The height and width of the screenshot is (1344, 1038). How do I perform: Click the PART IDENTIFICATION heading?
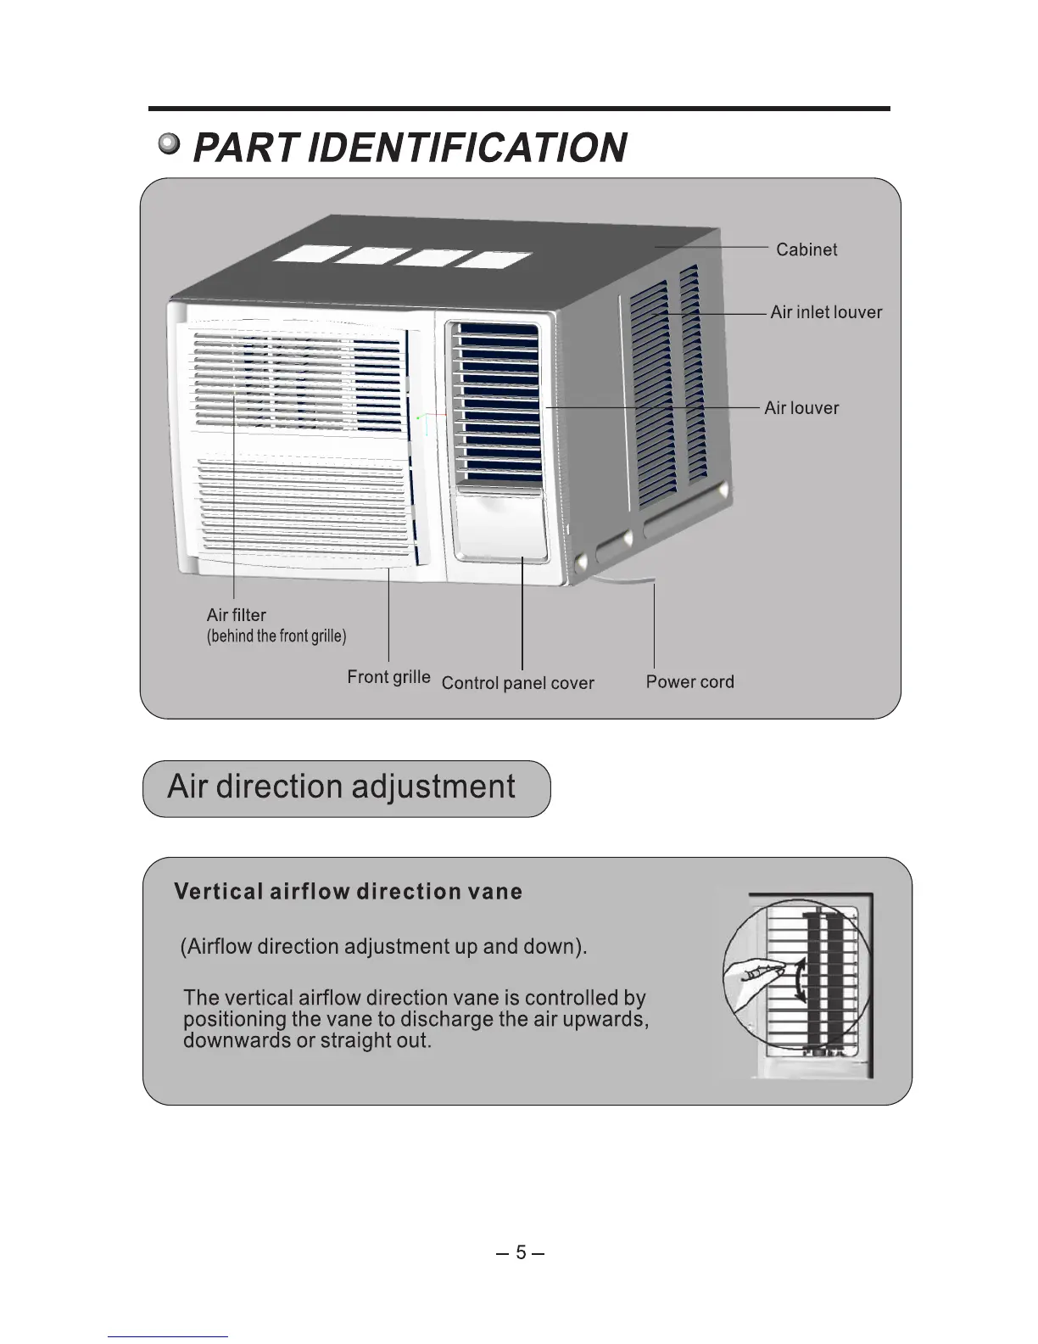tap(410, 148)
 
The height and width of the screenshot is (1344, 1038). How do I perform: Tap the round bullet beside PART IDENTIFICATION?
tap(170, 145)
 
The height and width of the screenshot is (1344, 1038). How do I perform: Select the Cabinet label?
tap(806, 249)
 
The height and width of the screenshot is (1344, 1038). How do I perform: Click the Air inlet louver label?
tap(826, 312)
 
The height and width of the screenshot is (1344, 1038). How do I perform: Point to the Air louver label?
tap(801, 408)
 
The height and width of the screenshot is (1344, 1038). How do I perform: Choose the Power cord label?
tap(689, 681)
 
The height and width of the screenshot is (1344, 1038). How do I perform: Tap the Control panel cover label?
tap(517, 683)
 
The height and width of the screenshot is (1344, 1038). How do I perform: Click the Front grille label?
tap(388, 677)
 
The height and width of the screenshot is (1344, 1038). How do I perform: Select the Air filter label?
tap(236, 615)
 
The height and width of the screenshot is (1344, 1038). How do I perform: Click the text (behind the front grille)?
tap(276, 636)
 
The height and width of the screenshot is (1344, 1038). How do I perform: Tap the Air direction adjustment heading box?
tap(346, 788)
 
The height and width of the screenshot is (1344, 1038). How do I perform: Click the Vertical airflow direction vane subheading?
tap(348, 892)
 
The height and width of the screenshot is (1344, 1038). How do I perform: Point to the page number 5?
tap(521, 1252)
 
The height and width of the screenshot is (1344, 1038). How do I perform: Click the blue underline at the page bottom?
tap(168, 1336)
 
